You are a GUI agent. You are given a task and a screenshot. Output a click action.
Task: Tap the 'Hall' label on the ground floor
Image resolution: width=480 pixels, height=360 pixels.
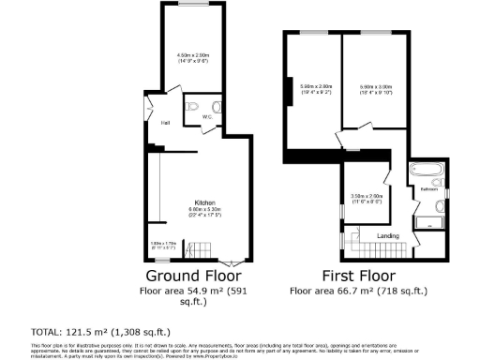pos(165,123)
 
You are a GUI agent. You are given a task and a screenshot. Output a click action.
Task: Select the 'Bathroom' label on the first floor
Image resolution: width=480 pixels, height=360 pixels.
pos(430,188)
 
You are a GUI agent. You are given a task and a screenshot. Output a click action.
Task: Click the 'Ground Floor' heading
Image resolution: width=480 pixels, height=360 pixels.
pos(193,276)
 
